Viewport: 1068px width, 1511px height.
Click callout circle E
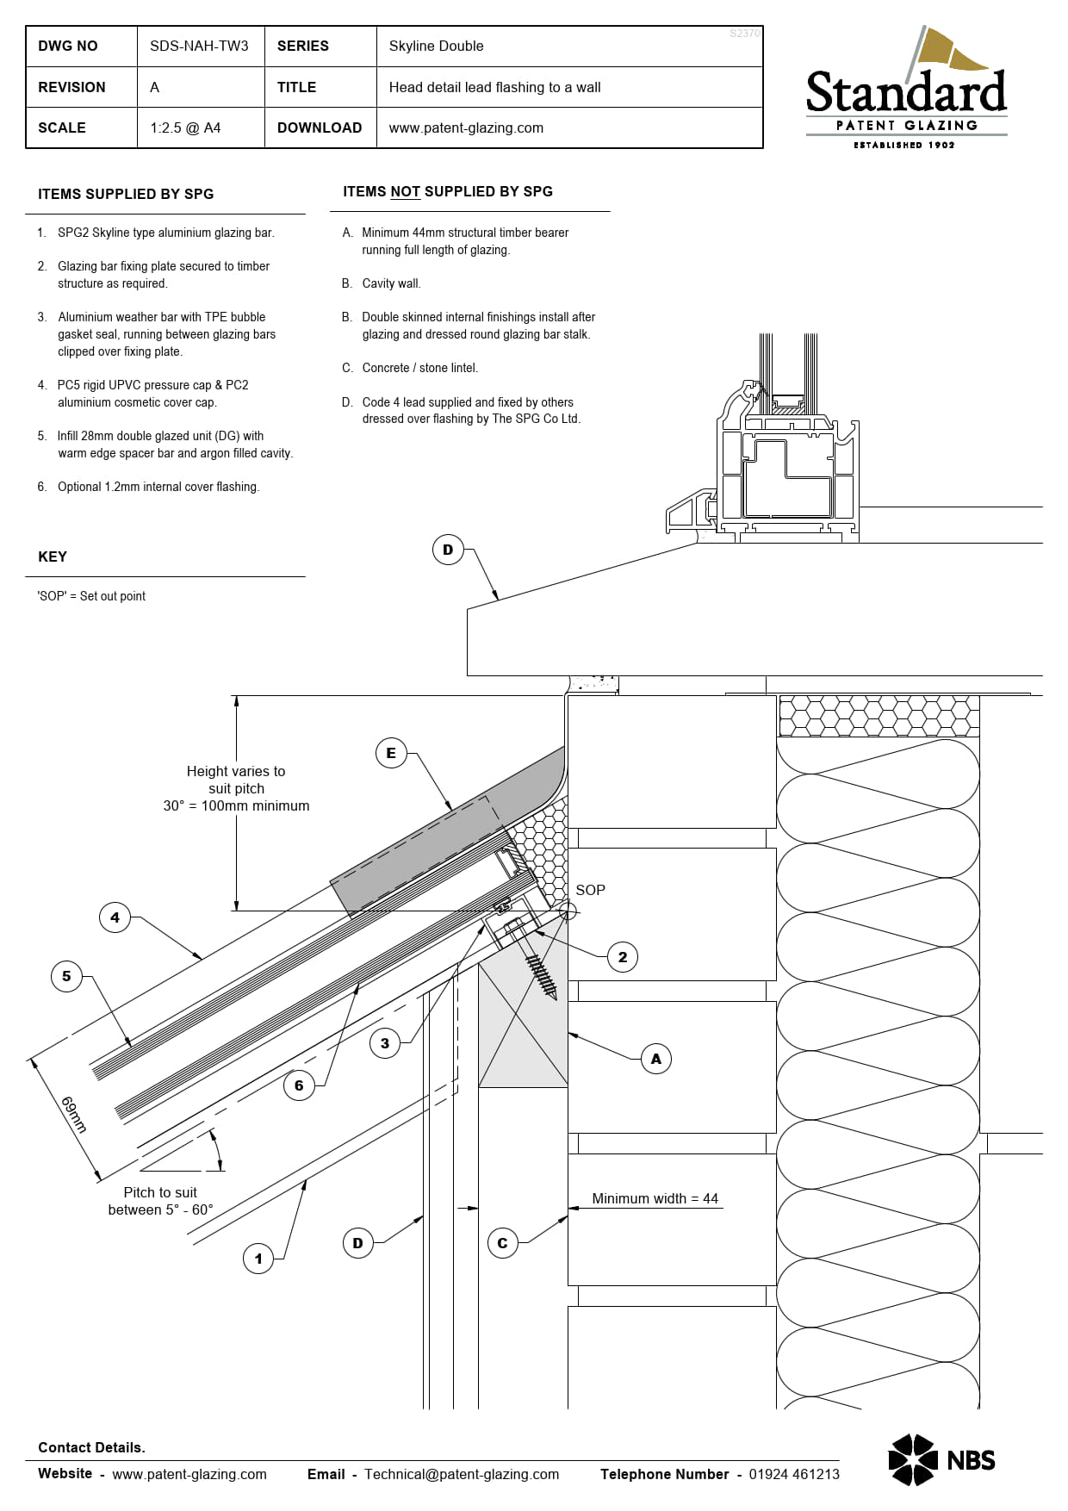click(391, 753)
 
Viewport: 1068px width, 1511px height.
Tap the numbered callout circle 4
click(115, 917)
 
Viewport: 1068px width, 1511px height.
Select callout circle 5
click(66, 976)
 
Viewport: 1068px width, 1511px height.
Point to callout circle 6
click(299, 1085)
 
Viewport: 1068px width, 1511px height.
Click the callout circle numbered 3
click(385, 1043)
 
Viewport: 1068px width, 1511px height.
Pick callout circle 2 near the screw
click(623, 957)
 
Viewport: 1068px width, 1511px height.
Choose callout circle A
click(656, 1059)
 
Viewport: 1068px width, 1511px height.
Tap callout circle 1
click(258, 1259)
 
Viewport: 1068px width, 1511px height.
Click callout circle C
click(502, 1243)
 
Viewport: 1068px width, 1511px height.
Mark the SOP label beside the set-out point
click(590, 890)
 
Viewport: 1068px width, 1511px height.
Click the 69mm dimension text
click(74, 1115)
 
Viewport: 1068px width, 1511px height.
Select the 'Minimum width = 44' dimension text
click(655, 1198)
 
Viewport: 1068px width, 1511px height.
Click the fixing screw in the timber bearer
click(540, 968)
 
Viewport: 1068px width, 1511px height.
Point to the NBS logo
click(941, 1459)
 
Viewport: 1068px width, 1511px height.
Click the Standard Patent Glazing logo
click(906, 90)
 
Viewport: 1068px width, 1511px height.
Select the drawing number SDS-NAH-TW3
click(199, 47)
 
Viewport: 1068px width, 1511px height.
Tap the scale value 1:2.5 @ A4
click(185, 128)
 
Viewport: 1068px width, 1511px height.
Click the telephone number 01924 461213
click(793, 1474)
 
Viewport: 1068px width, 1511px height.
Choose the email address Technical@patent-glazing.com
click(462, 1474)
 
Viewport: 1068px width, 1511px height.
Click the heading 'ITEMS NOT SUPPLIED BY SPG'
click(448, 191)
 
